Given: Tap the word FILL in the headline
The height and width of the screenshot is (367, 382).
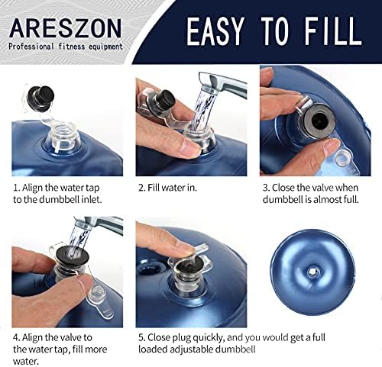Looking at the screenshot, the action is tap(333, 31).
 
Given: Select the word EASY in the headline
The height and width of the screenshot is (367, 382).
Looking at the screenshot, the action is tap(215, 31).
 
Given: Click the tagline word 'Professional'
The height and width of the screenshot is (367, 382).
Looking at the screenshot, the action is tap(31, 47).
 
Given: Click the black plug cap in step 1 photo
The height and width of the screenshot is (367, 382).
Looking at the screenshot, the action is tap(41, 98).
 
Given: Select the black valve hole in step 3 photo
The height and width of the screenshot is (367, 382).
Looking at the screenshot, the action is tap(319, 121).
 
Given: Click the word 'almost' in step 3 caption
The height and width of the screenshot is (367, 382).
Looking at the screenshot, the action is tap(328, 199).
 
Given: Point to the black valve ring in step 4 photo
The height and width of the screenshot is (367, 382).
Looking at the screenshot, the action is tap(73, 254).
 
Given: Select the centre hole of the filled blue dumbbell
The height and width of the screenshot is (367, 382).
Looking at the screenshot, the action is tap(312, 272).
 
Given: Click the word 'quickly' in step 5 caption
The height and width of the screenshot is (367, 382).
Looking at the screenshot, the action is tap(207, 338).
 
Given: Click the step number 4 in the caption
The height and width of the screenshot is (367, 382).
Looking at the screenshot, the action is tap(16, 338).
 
